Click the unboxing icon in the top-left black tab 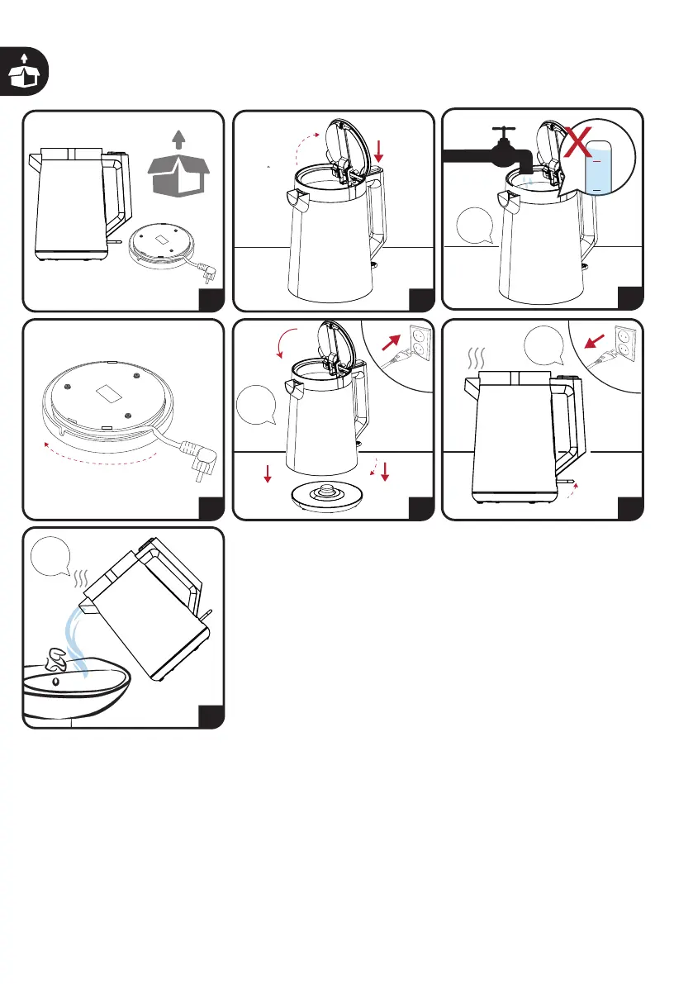tap(23, 70)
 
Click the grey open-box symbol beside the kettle tap(178, 165)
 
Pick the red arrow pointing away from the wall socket tap(596, 340)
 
